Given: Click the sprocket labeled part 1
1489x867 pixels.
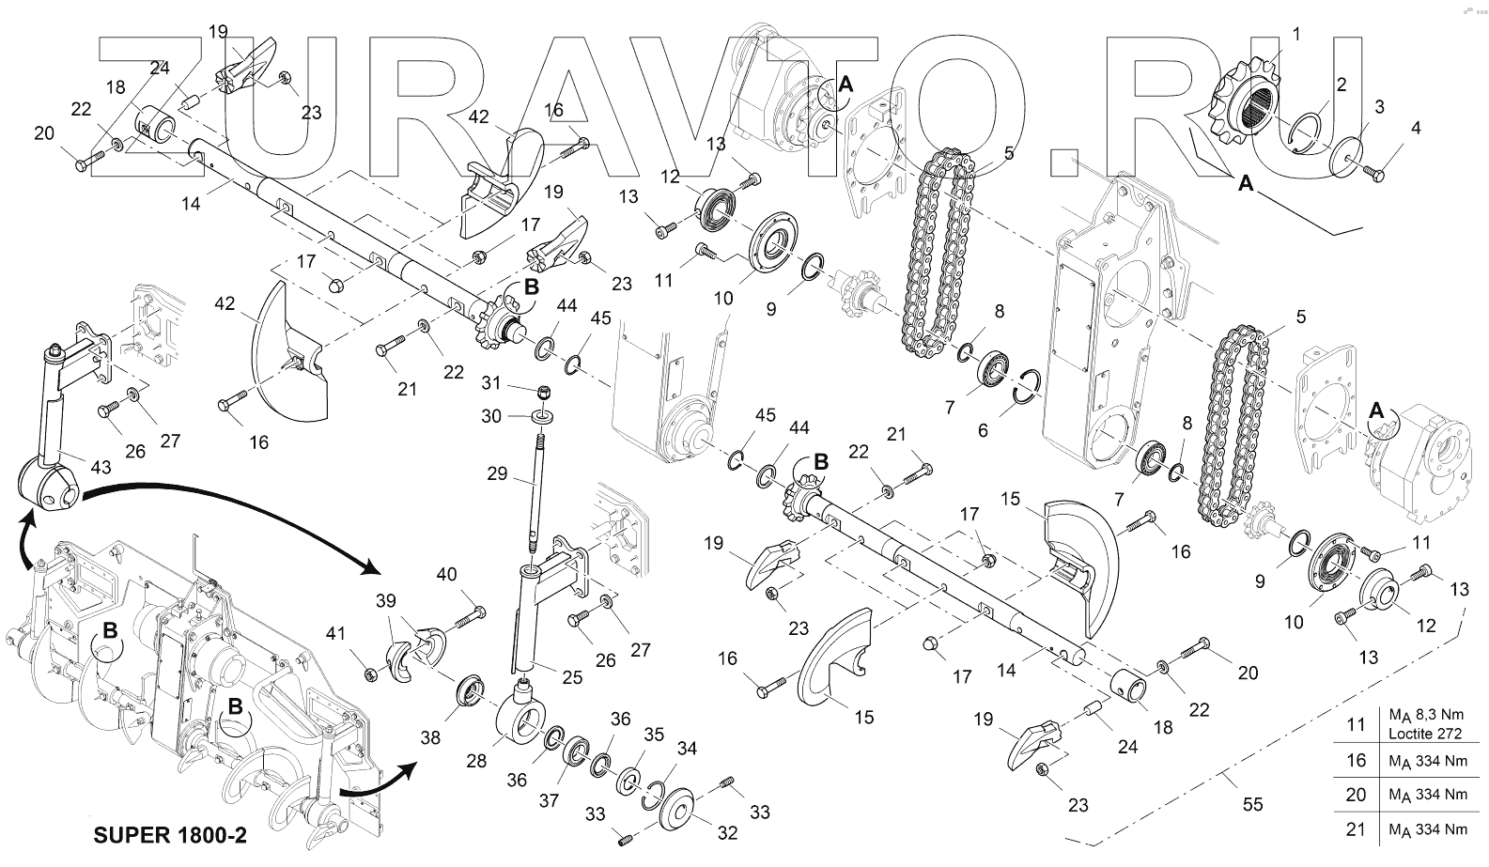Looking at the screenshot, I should pyautogui.click(x=1241, y=104).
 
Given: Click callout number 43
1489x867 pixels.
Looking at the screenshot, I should pyautogui.click(x=100, y=467).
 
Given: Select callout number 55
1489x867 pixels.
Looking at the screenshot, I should pyautogui.click(x=1252, y=804).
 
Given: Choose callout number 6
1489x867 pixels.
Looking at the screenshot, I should pyautogui.click(x=984, y=430).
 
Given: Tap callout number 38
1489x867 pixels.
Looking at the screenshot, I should pyautogui.click(x=430, y=738).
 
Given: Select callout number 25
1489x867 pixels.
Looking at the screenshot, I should pyautogui.click(x=572, y=676).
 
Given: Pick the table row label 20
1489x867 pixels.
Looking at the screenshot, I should pyautogui.click(x=1356, y=795).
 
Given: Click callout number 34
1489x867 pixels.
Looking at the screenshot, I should pyautogui.click(x=688, y=749).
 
